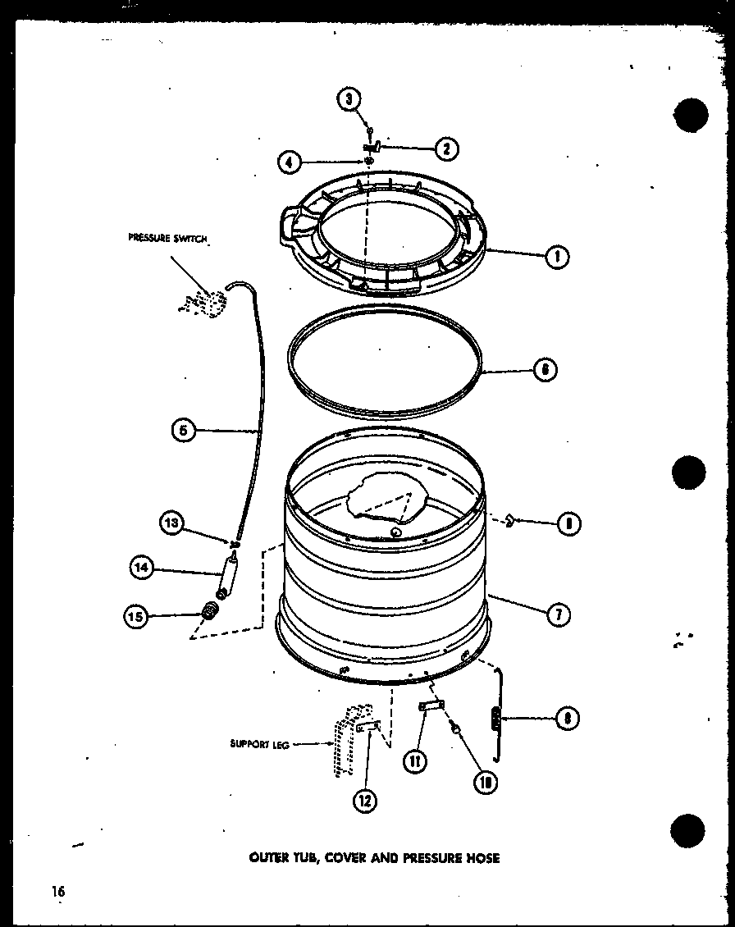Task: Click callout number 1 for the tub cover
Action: [557, 255]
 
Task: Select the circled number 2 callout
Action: [446, 149]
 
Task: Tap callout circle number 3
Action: [349, 100]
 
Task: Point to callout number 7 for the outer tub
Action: [557, 614]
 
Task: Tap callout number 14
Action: [142, 567]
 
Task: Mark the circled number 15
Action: [137, 617]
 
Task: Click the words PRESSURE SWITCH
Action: [168, 239]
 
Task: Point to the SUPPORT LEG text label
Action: [258, 745]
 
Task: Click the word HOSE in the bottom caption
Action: [483, 858]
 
